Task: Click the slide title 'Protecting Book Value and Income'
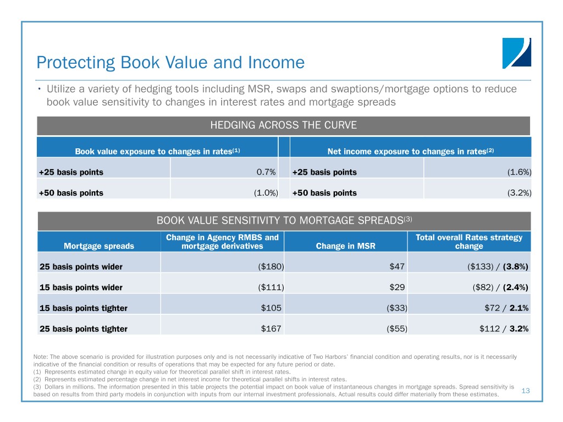point(169,63)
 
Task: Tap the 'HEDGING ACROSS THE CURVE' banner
point(283,125)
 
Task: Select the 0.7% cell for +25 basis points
point(266,172)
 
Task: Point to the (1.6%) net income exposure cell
point(519,172)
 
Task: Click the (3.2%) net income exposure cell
point(519,193)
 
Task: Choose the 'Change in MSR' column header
point(345,246)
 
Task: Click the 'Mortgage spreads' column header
point(99,246)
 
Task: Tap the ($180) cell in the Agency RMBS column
point(271,266)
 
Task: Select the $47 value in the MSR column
point(397,266)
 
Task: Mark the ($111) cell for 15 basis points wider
point(271,287)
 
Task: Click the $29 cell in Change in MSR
point(397,287)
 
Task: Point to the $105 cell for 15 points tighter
point(271,308)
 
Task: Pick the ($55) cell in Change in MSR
point(396,329)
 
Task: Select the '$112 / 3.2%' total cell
point(504,329)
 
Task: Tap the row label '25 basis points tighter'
point(84,329)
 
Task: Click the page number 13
point(525,390)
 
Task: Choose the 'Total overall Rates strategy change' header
point(469,241)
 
